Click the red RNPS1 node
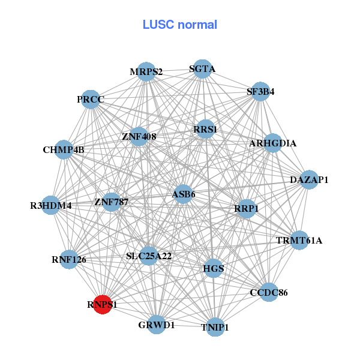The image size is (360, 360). pyautogui.click(x=103, y=304)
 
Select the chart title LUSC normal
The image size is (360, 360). pyautogui.click(x=179, y=25)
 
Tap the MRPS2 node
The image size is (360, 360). pyautogui.click(x=146, y=72)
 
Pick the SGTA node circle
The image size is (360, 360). pyautogui.click(x=202, y=69)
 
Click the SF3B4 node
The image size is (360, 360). pyautogui.click(x=260, y=92)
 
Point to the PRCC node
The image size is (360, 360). pyautogui.click(x=91, y=99)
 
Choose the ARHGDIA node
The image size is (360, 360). pyautogui.click(x=272, y=143)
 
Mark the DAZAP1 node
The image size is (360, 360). pyautogui.click(x=309, y=179)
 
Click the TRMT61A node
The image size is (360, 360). pyautogui.click(x=299, y=241)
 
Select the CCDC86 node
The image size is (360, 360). pyautogui.click(x=268, y=292)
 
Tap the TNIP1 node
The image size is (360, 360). pyautogui.click(x=215, y=327)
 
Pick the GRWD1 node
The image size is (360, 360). pyautogui.click(x=157, y=325)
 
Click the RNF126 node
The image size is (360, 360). pyautogui.click(x=69, y=260)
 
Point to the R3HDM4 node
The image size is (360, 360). pyautogui.click(x=51, y=205)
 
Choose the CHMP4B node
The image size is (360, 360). pyautogui.click(x=64, y=149)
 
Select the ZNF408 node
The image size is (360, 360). pyautogui.click(x=139, y=136)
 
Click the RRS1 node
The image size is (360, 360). pyautogui.click(x=205, y=129)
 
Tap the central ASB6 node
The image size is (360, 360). pyautogui.click(x=184, y=194)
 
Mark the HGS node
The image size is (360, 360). pyautogui.click(x=214, y=268)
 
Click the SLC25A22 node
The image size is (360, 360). pyautogui.click(x=149, y=256)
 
